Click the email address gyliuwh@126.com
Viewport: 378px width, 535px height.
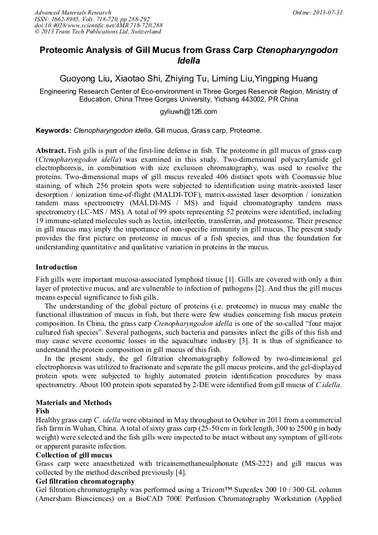point(188,112)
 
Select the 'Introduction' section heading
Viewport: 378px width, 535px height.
point(56,267)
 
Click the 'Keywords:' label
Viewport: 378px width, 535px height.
point(53,131)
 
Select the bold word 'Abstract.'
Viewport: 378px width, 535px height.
point(51,151)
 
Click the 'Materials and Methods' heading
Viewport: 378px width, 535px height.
point(73,403)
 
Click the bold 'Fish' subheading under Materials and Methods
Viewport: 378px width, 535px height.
point(42,411)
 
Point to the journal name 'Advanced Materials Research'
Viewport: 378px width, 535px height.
point(72,12)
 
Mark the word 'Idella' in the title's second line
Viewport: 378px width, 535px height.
point(188,60)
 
